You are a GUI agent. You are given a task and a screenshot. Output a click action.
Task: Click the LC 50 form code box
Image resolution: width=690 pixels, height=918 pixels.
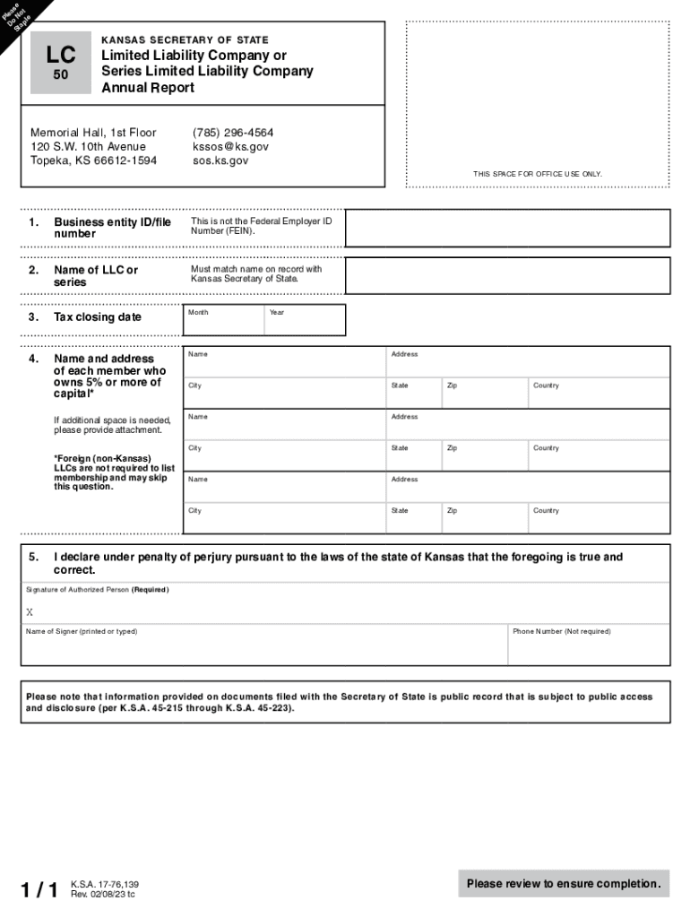coord(61,63)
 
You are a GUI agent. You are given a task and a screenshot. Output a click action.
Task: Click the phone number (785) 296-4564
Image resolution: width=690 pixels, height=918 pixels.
coord(233,133)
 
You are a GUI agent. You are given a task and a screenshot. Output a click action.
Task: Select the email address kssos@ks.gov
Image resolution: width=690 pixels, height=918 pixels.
coord(230,147)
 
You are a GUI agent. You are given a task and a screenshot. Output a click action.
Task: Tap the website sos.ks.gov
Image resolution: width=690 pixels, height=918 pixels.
coord(220,161)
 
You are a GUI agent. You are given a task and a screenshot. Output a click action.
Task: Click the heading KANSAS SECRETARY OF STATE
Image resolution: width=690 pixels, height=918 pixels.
coord(185,40)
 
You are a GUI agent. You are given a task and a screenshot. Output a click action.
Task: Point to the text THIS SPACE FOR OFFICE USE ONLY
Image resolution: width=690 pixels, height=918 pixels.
coord(538,174)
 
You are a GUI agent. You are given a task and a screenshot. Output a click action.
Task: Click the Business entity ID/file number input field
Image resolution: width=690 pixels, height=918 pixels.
coord(507,229)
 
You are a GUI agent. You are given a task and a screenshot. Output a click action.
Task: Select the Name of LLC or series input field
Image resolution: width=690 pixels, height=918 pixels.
coord(507,276)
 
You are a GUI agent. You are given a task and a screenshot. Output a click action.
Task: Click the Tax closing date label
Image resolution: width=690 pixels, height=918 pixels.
coord(98,317)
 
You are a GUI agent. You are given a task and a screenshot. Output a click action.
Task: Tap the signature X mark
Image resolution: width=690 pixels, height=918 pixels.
coord(30,612)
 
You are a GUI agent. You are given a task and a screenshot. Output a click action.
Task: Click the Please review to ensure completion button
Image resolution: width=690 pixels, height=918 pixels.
coord(564,884)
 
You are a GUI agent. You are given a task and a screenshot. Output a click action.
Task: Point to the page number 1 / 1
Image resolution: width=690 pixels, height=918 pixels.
coord(40,889)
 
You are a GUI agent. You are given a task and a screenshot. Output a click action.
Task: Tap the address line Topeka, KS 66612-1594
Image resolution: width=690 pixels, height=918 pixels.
coord(93,161)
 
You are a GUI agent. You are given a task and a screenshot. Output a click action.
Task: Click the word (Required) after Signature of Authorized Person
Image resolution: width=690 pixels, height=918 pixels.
coord(150,590)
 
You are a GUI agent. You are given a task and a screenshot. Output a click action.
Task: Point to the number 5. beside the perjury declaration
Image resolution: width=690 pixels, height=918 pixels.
coord(33,558)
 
